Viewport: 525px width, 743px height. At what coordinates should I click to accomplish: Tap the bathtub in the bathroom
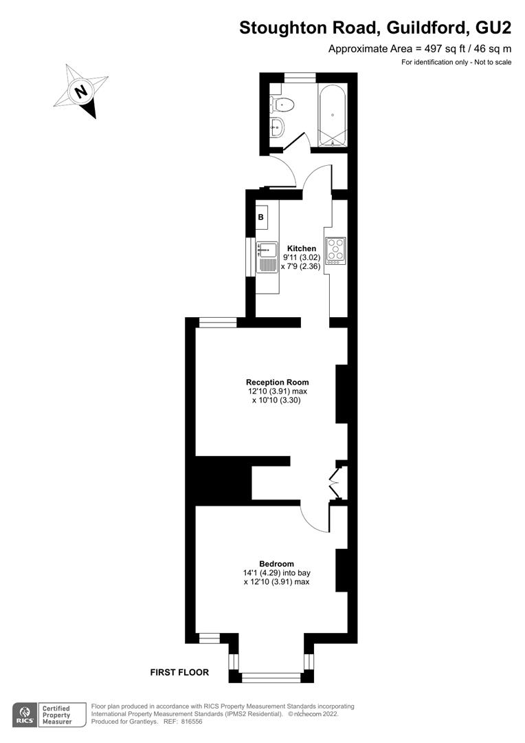click(x=333, y=116)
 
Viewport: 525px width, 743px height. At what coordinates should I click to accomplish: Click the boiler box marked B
click(x=262, y=217)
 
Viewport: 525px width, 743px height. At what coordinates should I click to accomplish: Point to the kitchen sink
click(x=267, y=257)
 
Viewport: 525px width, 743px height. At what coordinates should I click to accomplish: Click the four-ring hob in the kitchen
click(x=335, y=250)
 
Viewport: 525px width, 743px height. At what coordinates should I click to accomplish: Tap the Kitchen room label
click(x=302, y=248)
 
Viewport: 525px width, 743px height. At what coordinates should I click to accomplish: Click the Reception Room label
click(x=278, y=382)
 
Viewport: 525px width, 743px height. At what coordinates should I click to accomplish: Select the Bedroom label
click(x=276, y=564)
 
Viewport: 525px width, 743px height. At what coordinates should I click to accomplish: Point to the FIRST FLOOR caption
click(x=179, y=672)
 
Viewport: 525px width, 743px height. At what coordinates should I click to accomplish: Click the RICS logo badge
click(x=25, y=715)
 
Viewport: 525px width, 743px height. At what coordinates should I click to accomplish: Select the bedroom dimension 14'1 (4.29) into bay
click(x=276, y=573)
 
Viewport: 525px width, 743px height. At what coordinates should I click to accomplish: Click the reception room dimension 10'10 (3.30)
click(x=276, y=400)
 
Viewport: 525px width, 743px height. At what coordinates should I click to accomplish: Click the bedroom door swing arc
click(x=316, y=517)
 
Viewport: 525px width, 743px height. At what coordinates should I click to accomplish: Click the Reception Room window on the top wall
click(x=218, y=323)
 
